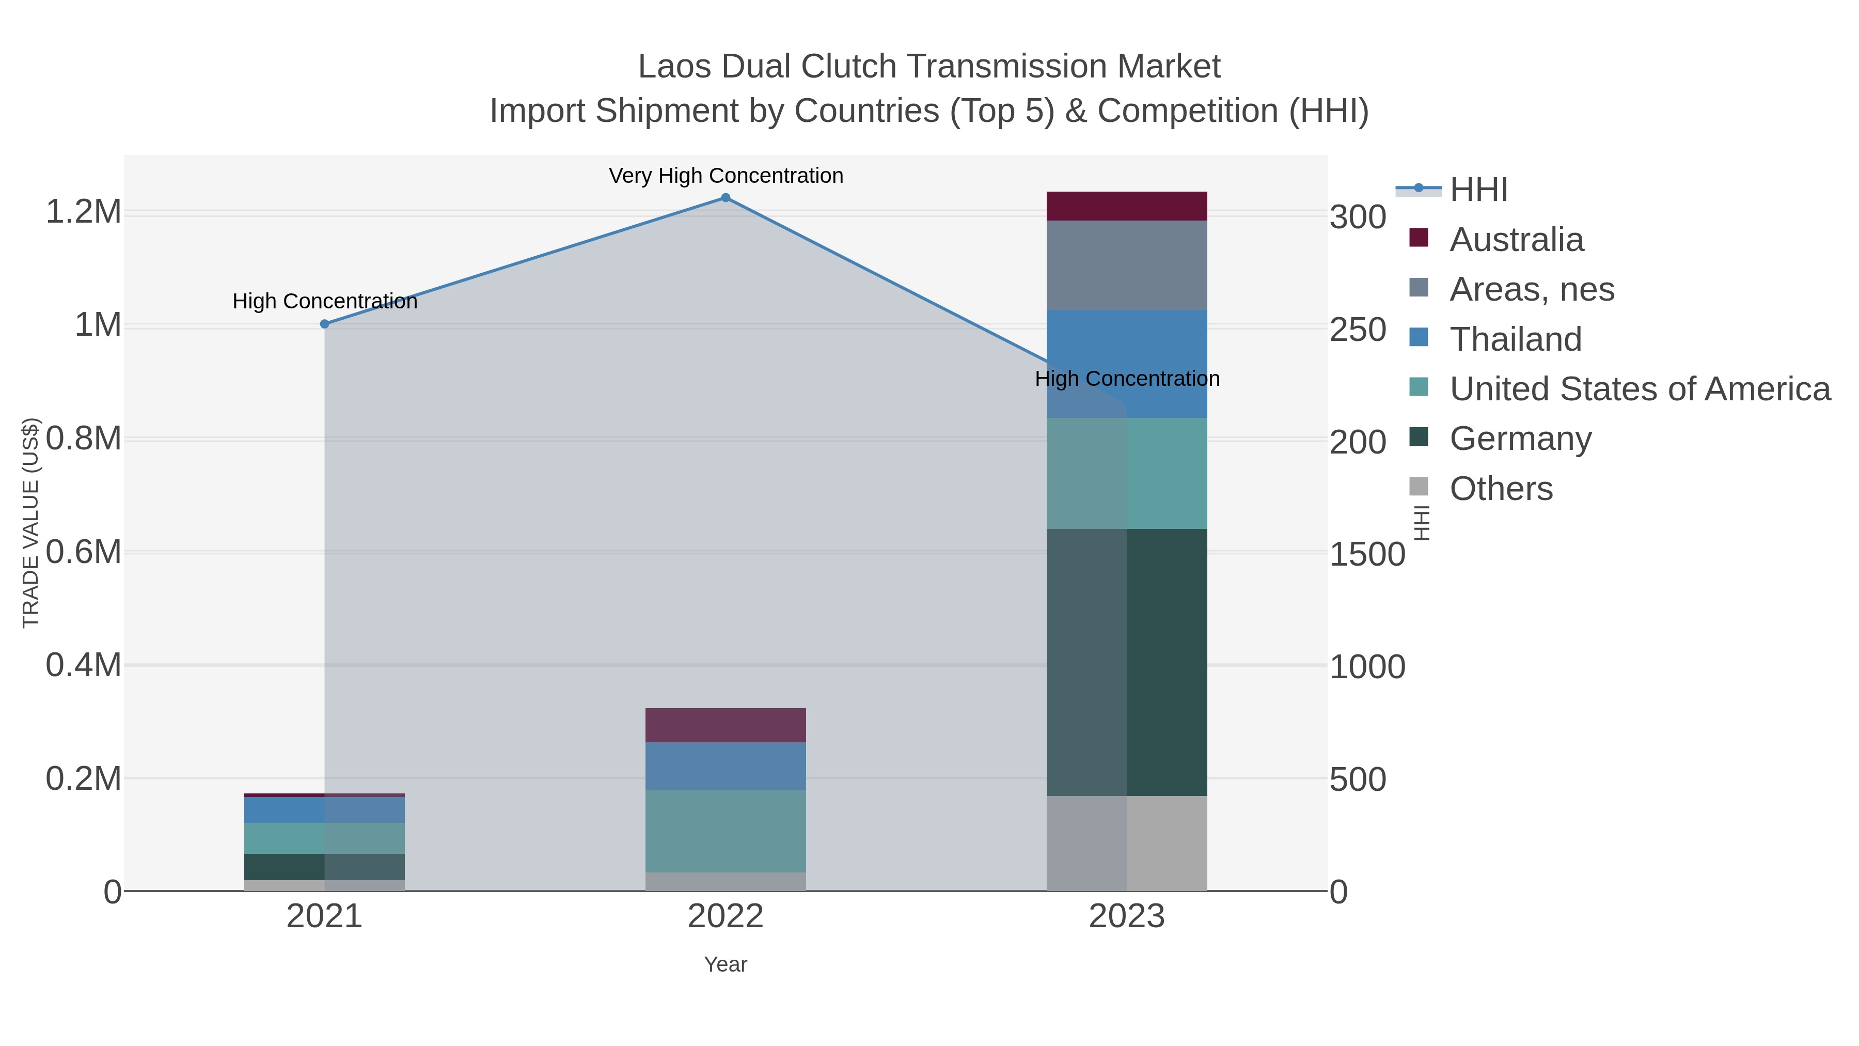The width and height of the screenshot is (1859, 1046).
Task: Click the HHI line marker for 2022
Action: click(726, 198)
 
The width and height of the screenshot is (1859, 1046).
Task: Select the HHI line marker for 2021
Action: click(325, 324)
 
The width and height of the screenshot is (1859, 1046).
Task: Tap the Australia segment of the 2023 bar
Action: click(1127, 207)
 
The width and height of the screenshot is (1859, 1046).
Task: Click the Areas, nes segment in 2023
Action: click(1127, 266)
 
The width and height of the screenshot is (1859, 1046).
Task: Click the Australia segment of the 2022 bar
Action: click(726, 726)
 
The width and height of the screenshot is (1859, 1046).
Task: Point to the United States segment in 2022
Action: click(726, 831)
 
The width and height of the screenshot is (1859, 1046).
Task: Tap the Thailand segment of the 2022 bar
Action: click(726, 766)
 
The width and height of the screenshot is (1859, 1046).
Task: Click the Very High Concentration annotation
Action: click(726, 176)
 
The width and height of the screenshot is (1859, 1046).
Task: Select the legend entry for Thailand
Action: click(1516, 339)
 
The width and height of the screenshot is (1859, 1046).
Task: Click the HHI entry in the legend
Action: click(1478, 190)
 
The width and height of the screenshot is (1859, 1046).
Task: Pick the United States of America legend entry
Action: click(1640, 389)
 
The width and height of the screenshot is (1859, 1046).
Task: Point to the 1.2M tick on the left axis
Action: click(83, 212)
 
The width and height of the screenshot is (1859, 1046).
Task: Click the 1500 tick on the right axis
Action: click(1367, 554)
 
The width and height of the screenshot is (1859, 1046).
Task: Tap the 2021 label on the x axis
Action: click(325, 917)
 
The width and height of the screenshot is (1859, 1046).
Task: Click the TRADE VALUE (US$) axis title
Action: click(31, 523)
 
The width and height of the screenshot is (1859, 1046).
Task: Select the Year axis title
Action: click(726, 964)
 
